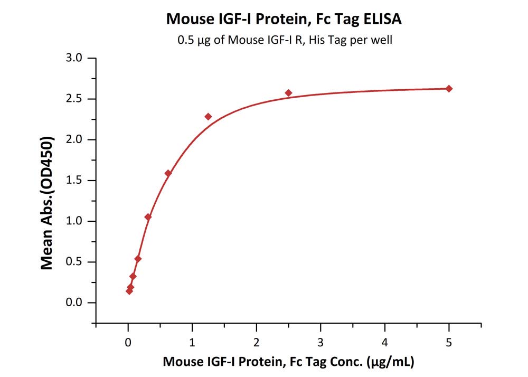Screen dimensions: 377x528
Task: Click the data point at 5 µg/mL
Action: [449, 89]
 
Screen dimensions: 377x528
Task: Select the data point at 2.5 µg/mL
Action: [288, 93]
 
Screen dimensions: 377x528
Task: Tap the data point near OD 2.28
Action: [208, 117]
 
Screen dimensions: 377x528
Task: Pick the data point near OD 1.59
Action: [168, 173]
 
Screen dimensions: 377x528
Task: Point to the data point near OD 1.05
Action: [148, 217]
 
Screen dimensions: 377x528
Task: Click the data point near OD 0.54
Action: [138, 259]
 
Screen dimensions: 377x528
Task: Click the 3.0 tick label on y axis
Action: [75, 58]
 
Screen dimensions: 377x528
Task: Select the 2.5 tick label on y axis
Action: [75, 99]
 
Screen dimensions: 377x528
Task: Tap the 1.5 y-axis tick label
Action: [75, 181]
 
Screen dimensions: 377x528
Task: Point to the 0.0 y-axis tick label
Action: [75, 303]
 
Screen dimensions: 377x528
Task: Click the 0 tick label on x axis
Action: [128, 342]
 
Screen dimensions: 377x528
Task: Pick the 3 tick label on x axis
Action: [320, 342]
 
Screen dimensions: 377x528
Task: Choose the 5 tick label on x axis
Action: [449, 342]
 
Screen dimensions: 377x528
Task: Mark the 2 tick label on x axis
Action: [256, 342]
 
